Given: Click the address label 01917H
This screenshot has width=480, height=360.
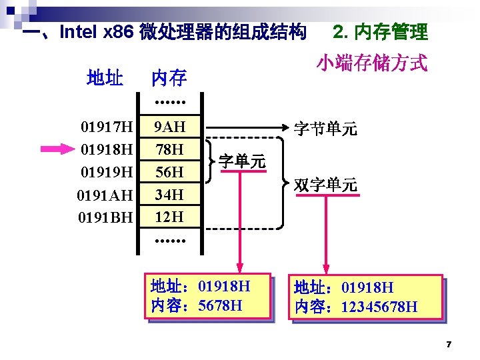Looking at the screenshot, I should coord(107,126).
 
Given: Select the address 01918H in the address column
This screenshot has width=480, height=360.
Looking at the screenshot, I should coord(107,149).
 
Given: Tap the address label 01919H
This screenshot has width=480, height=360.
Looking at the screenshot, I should coord(107,171).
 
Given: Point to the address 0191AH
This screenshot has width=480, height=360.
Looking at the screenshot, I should coord(106,195).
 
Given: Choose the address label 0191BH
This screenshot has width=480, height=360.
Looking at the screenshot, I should coord(106,217).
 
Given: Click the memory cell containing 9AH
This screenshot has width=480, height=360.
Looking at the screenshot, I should coord(169,126).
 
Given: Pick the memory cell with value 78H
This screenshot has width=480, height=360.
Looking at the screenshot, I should coord(169,149).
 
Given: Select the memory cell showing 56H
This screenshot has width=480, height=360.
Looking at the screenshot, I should coord(169,171).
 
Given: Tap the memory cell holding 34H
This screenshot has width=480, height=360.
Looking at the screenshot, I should coord(169,195).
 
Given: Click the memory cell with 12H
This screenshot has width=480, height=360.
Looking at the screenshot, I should coord(169,217).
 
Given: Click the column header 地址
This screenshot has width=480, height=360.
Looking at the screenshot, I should coord(105,79).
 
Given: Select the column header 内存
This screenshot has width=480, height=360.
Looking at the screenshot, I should coord(169,79).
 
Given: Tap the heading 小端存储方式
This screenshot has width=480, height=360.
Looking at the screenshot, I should coord(371,63).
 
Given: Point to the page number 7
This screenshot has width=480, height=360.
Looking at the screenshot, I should coord(449,344).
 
